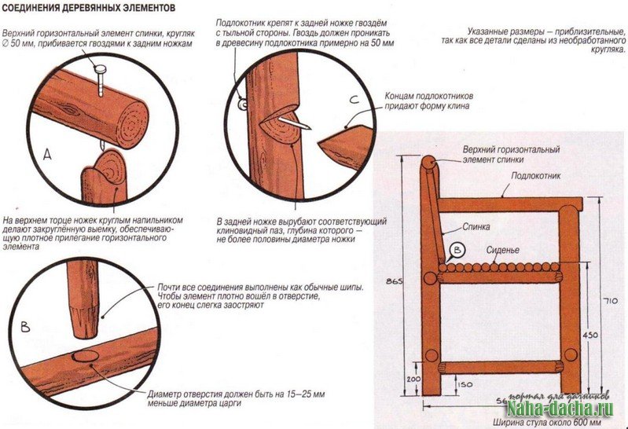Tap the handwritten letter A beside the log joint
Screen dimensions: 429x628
click(46, 156)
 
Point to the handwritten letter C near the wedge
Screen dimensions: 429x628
click(354, 100)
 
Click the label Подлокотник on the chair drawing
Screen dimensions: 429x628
click(538, 176)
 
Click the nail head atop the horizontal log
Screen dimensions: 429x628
click(101, 71)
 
